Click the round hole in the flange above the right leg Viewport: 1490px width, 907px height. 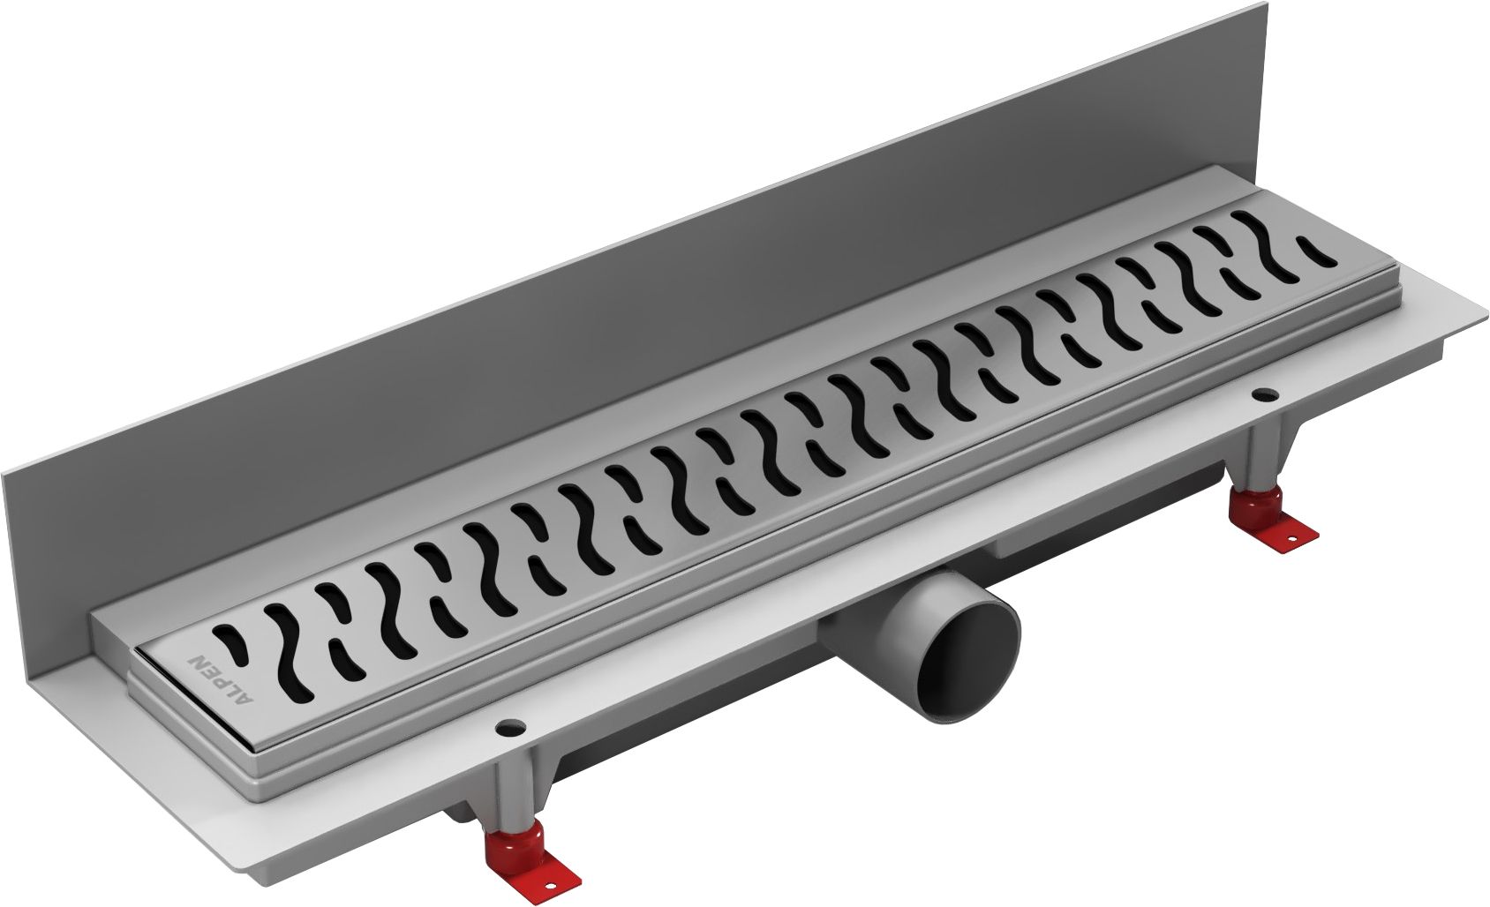pos(1260,394)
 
